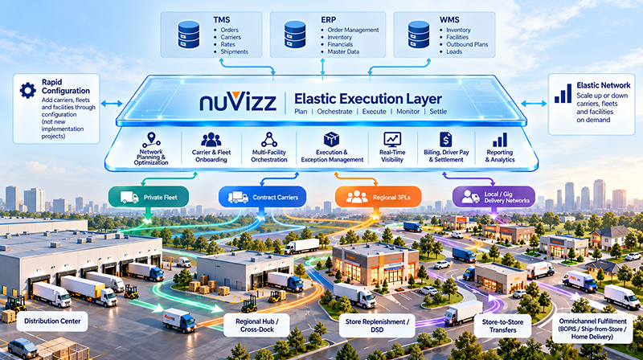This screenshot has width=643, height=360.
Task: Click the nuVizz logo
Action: pos(238,101)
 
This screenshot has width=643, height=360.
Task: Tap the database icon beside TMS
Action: pos(188,35)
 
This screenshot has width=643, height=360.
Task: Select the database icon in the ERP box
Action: pos(295,35)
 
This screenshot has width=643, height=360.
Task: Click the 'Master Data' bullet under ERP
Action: pos(343,51)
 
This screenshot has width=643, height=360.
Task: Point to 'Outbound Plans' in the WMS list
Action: pos(467,44)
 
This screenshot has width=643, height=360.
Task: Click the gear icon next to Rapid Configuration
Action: pos(28,90)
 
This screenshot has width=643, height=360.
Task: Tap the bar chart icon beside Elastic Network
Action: pos(563,93)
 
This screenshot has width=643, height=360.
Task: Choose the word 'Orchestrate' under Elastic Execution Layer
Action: pos(334,112)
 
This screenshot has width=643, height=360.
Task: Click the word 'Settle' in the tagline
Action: pos(438,112)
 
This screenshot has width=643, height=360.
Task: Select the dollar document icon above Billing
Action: pos(446,139)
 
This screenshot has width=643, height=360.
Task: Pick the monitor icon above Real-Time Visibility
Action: pos(392,139)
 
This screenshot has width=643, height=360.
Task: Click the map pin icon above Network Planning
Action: pos(151,140)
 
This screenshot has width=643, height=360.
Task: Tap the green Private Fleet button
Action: pos(149,197)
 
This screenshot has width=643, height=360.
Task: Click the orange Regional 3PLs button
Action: pos(378,197)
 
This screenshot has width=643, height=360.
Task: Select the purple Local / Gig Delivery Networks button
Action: pos(494,197)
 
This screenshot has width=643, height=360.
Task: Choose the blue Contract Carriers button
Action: pos(263,197)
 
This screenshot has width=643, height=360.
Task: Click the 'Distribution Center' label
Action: pos(52,321)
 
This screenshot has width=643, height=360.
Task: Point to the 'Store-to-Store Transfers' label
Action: pos(502,325)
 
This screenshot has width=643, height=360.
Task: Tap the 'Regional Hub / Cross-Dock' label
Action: pos(256,325)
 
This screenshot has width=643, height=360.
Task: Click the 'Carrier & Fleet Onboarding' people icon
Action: pos(211,140)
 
